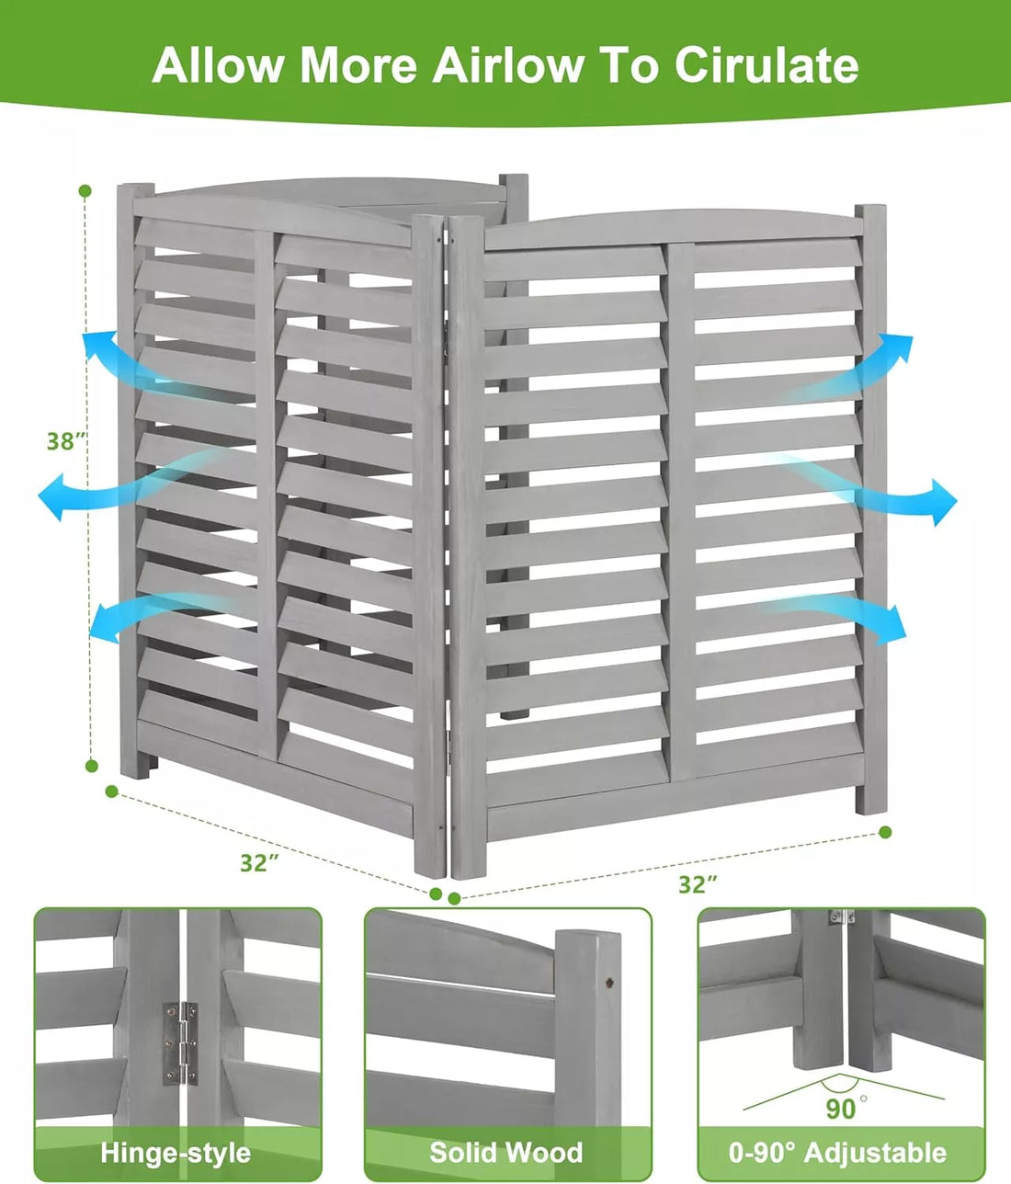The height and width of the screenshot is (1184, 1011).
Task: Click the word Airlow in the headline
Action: click(x=507, y=65)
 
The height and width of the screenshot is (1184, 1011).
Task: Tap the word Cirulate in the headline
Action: click(x=767, y=64)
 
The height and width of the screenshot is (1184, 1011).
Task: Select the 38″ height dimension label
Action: click(x=66, y=441)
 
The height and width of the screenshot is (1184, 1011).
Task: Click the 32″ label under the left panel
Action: click(x=260, y=862)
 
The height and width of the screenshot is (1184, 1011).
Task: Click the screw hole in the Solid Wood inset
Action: click(x=610, y=982)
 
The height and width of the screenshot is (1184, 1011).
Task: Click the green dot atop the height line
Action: click(x=85, y=191)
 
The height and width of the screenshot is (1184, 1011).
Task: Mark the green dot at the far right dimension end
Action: click(x=885, y=832)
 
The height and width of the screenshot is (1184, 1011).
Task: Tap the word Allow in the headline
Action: click(x=217, y=65)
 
